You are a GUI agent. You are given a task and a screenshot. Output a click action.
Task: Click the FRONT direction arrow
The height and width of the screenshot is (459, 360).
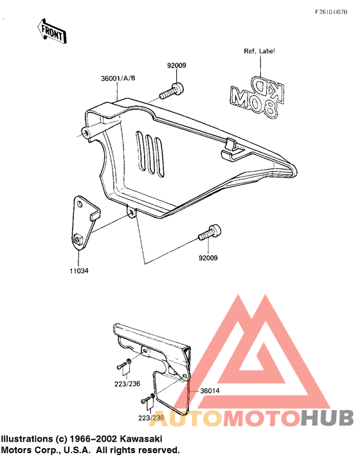point(52,32)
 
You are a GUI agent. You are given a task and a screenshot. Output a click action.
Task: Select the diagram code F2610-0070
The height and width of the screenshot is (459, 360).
point(331,12)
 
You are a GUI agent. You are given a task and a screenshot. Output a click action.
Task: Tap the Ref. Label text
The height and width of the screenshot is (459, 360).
point(259,51)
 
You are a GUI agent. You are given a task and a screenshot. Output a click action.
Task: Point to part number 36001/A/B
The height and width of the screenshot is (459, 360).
point(118,78)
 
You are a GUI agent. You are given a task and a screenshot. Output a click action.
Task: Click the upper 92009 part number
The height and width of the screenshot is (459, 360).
point(177,66)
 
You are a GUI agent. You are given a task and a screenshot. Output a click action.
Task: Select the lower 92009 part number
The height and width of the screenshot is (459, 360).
point(208,258)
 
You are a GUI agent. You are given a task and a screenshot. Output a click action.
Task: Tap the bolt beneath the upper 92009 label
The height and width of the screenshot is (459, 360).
point(172,91)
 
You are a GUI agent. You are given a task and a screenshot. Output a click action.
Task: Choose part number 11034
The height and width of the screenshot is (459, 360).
point(79,271)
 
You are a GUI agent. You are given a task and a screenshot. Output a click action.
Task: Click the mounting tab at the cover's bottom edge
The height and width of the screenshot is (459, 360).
point(131,213)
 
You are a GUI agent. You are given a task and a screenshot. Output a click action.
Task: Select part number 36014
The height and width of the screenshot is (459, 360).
point(210,391)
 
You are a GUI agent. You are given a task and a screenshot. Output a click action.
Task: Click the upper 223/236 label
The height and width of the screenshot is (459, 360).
point(127,384)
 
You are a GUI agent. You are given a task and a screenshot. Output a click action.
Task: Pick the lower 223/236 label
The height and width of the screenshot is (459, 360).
point(151,418)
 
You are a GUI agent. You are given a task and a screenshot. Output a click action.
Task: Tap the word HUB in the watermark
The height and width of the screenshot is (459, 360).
point(327,417)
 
